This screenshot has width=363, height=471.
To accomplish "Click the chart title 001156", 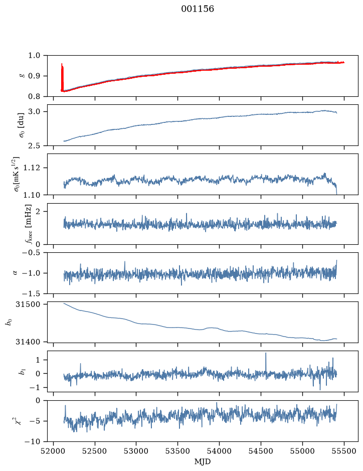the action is [x=198, y=9].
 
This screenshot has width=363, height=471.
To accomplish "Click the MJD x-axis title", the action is [x=203, y=461].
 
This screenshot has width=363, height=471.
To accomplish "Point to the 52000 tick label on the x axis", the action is [x=54, y=451].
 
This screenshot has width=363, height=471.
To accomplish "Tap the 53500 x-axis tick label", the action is [x=178, y=451].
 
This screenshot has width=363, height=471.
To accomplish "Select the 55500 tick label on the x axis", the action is [x=344, y=451].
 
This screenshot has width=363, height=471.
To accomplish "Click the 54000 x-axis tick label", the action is [x=219, y=451].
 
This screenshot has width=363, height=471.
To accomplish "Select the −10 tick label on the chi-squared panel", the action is [x=33, y=441].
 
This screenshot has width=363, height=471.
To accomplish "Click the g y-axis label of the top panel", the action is [x=22, y=76].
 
